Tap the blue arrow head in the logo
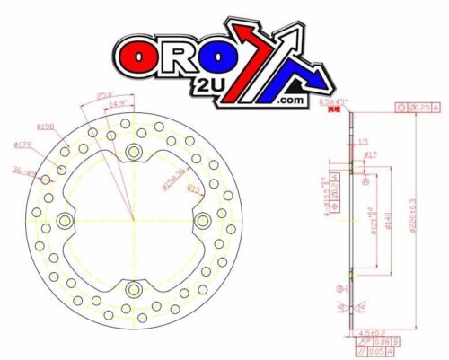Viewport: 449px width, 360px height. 301,34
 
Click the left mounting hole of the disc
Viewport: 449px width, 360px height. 65,220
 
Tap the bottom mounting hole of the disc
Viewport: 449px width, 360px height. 134,289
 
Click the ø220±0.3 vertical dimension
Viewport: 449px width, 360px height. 411,215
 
